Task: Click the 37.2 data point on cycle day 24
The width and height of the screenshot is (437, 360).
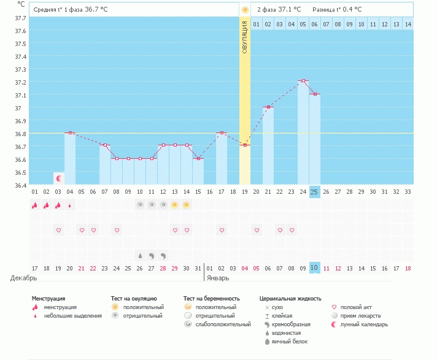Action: [x=303, y=81]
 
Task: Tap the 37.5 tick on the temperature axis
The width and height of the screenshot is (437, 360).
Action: [x=20, y=44]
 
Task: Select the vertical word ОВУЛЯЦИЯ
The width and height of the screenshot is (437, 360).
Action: [x=245, y=37]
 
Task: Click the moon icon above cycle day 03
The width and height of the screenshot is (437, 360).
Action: [x=59, y=178]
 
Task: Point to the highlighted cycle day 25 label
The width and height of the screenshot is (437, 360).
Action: [x=314, y=192]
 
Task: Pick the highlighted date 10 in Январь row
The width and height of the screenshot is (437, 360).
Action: [x=314, y=268]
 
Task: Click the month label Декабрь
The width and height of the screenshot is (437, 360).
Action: [x=24, y=278]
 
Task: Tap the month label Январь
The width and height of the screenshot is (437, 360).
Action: [x=218, y=278]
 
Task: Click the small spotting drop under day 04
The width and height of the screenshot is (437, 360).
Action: [x=70, y=205]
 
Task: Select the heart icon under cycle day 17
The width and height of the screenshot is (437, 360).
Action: [x=222, y=230]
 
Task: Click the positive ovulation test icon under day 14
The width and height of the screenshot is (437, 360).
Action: [x=186, y=205]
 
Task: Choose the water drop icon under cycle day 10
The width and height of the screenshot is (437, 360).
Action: [x=140, y=256]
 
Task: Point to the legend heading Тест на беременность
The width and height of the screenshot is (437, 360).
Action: [x=212, y=299]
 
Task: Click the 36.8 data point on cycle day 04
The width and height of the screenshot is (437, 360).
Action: [x=70, y=133]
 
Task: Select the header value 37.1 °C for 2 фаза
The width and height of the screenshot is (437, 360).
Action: [x=290, y=9]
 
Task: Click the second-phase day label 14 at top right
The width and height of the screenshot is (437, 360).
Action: [x=408, y=24]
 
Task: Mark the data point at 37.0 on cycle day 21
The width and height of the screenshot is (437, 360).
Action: [x=268, y=107]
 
